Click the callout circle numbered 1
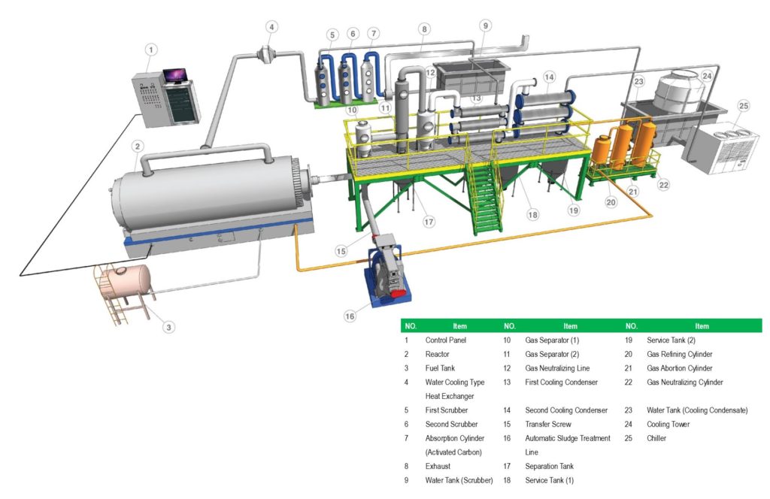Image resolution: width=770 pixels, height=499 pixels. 151,50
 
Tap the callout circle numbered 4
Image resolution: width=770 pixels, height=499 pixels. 272,27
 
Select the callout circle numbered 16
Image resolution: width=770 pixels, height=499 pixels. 350,316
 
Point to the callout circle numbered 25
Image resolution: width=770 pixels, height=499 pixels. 744,107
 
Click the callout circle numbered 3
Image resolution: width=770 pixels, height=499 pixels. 169,327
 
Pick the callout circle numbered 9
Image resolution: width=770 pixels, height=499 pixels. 485,26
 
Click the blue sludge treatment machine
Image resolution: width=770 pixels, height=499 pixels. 387,274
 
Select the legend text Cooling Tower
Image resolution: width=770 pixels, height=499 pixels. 669,424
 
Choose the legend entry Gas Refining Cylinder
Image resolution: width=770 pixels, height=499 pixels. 679,354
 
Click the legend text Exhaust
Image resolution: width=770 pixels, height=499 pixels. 438,466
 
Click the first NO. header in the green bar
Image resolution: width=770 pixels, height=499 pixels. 411,326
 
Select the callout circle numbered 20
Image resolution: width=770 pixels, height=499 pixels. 610,202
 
